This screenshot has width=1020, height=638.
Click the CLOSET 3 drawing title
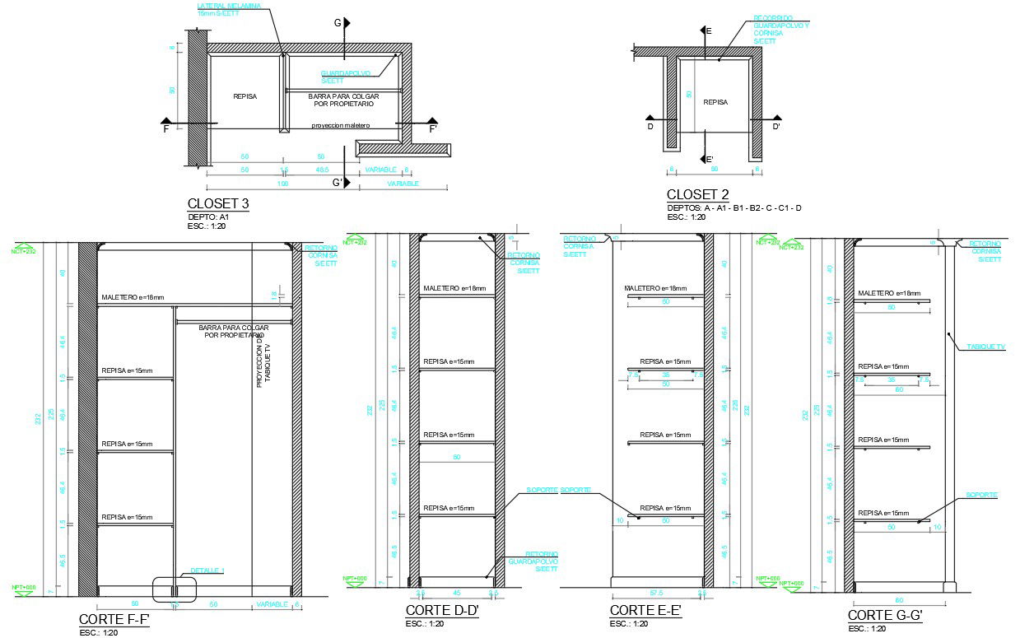tap(218, 204)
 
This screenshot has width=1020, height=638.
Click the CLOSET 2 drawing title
tap(697, 195)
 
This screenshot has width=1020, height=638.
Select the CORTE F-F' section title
tap(114, 620)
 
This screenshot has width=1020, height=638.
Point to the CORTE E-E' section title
tap(645, 611)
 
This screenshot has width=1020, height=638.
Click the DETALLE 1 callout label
tap(207, 570)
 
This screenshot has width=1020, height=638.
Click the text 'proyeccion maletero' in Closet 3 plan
tap(341, 126)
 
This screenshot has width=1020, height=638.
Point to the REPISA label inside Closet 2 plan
tap(715, 103)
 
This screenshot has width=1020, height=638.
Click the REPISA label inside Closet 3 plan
tap(245, 96)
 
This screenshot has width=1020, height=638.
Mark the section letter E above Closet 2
tap(708, 30)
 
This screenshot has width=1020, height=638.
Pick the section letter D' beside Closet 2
tap(775, 127)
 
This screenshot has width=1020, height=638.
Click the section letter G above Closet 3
tap(338, 23)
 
